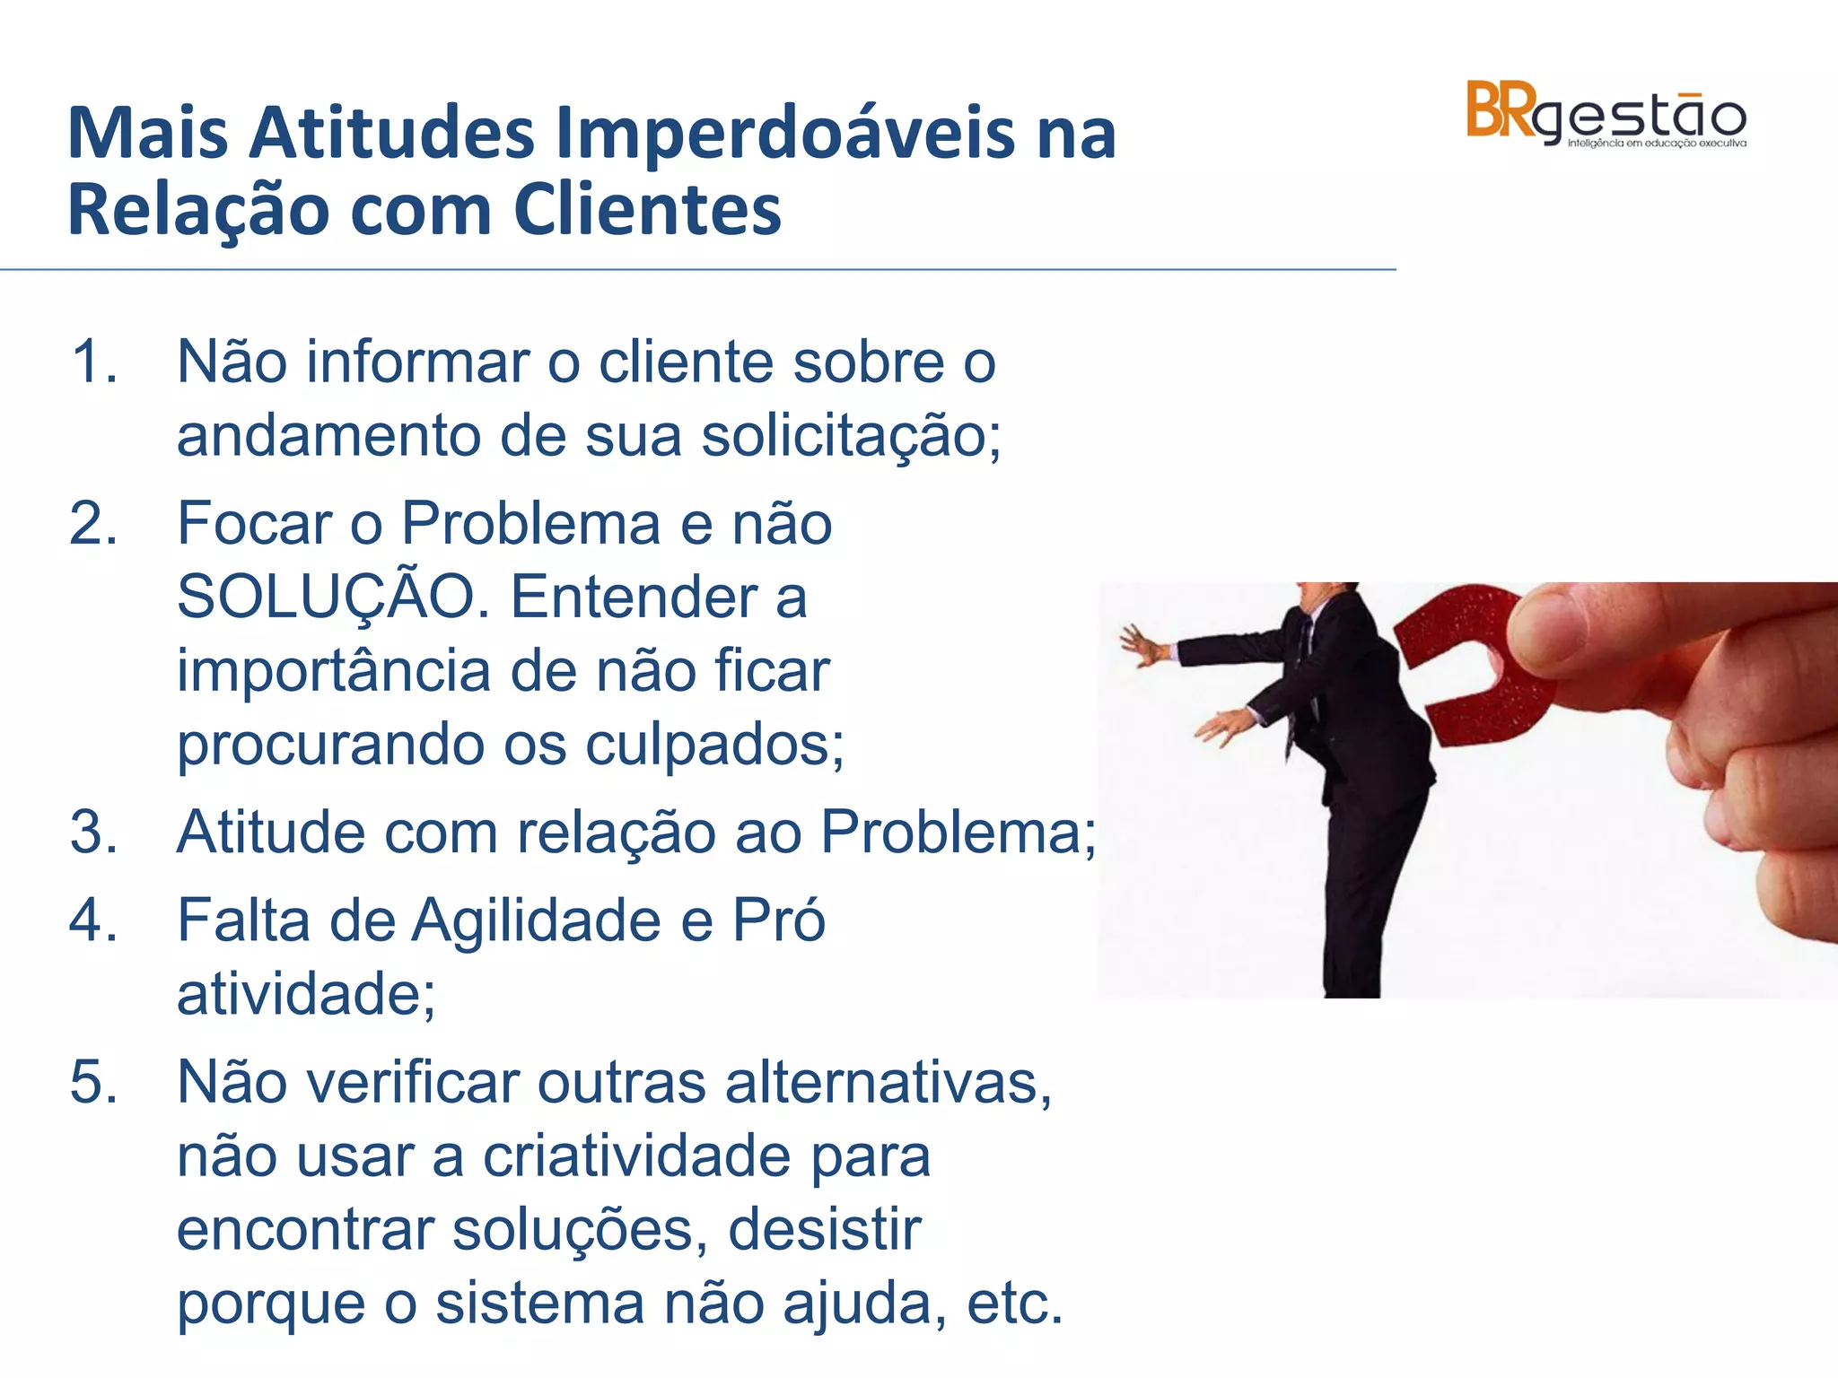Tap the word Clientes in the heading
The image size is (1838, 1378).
(x=647, y=211)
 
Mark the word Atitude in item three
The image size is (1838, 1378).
(x=270, y=833)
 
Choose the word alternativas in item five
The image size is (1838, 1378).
(x=887, y=1082)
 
